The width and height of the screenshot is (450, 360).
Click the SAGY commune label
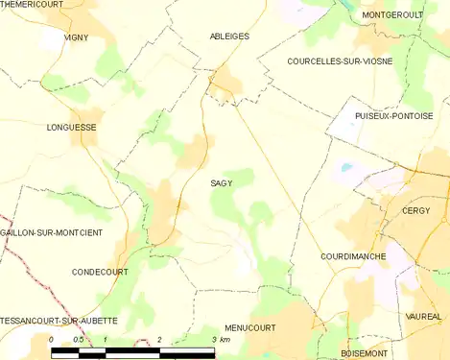click(x=222, y=182)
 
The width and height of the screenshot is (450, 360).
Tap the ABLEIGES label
click(x=228, y=36)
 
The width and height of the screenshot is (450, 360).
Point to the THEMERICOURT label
click(x=33, y=6)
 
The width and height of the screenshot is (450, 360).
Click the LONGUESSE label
click(x=71, y=126)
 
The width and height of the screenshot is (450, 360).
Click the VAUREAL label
click(x=422, y=316)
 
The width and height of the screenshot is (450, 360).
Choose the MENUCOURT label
click(x=249, y=327)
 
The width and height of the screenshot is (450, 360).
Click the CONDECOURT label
click(x=101, y=272)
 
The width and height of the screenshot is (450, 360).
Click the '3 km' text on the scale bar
click(x=220, y=340)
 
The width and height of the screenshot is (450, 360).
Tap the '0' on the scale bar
click(x=51, y=340)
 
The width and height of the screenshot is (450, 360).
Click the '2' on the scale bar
click(x=159, y=340)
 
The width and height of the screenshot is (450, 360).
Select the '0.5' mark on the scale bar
click(x=78, y=340)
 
